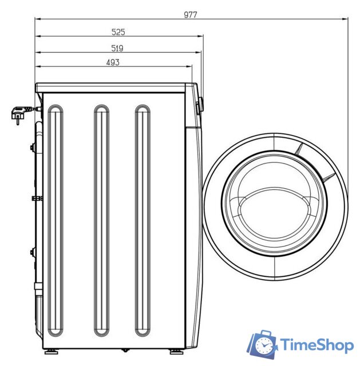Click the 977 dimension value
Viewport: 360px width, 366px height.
coord(191,15)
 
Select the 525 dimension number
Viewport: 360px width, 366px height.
coord(118,32)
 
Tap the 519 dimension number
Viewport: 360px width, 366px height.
coord(117,48)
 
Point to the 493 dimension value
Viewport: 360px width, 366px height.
coord(113,62)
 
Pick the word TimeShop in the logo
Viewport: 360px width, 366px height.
coord(317,345)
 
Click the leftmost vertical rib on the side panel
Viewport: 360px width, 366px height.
coord(56,220)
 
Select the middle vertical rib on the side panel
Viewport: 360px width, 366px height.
coord(101,220)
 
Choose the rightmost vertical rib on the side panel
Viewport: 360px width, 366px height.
coord(143,220)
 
